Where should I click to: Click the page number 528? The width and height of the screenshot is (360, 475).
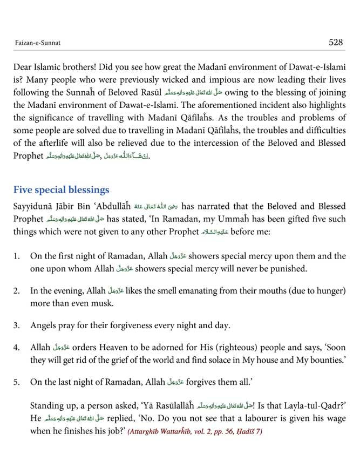pyautogui.click(x=335, y=43)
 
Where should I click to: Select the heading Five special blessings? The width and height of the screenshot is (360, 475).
pyautogui.click(x=62, y=190)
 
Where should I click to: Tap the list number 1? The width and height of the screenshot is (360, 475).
pyautogui.click(x=17, y=256)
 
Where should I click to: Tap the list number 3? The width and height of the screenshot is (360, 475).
pyautogui.click(x=17, y=326)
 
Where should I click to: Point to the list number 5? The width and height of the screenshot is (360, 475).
pyautogui.click(x=17, y=382)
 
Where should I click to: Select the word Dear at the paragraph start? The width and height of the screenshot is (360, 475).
pyautogui.click(x=24, y=67)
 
